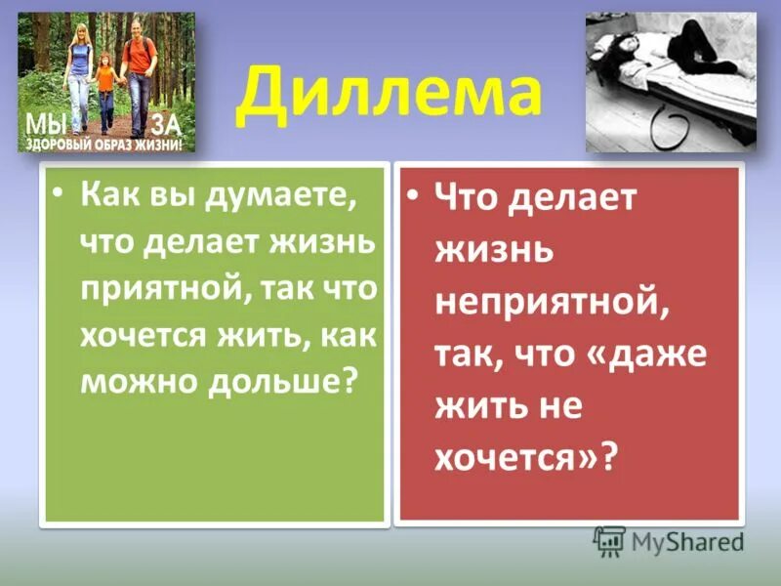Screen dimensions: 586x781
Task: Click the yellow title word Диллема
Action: tap(390, 94)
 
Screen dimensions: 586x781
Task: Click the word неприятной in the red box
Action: tap(552, 302)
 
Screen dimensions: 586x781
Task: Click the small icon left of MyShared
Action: tap(610, 540)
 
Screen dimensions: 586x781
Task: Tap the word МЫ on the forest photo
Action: tap(43, 122)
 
